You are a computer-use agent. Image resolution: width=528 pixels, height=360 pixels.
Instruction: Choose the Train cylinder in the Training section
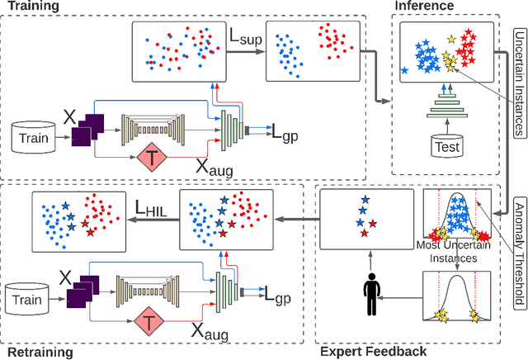coord(33,139)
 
